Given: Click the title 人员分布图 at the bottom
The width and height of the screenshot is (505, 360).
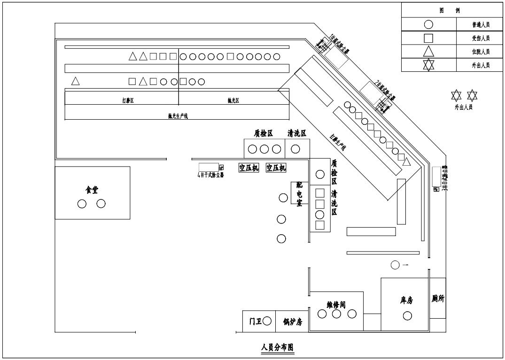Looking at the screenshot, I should click(277, 348).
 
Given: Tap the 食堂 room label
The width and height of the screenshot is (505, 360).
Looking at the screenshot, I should click(92, 190).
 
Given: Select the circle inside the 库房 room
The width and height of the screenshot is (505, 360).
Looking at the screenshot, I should click(407, 316).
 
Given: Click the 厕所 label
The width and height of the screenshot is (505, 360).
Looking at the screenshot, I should click(438, 299).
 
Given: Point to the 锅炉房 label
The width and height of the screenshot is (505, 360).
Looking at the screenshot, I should click(292, 322).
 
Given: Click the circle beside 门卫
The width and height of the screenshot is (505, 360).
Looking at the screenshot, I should click(267, 321).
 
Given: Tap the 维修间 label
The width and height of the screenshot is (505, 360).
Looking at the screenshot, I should click(336, 305).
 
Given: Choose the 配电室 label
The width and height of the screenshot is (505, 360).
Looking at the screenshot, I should click(299, 193).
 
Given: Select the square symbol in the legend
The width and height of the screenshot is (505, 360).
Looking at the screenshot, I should click(428, 38).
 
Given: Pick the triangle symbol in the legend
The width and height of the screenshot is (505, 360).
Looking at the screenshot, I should click(428, 52).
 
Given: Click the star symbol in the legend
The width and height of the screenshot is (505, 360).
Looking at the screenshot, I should click(428, 65).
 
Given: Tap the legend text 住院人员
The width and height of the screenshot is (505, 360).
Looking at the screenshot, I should click(481, 52).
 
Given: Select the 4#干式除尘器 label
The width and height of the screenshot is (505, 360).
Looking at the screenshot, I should click(209, 176).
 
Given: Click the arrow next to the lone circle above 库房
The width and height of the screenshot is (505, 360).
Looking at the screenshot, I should click(405, 265).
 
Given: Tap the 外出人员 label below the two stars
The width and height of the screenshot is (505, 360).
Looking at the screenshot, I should click(464, 107).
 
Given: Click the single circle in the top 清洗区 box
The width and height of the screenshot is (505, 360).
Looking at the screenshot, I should click(295, 149).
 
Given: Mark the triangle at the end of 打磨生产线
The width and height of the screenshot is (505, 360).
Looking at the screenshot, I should click(407, 161).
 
